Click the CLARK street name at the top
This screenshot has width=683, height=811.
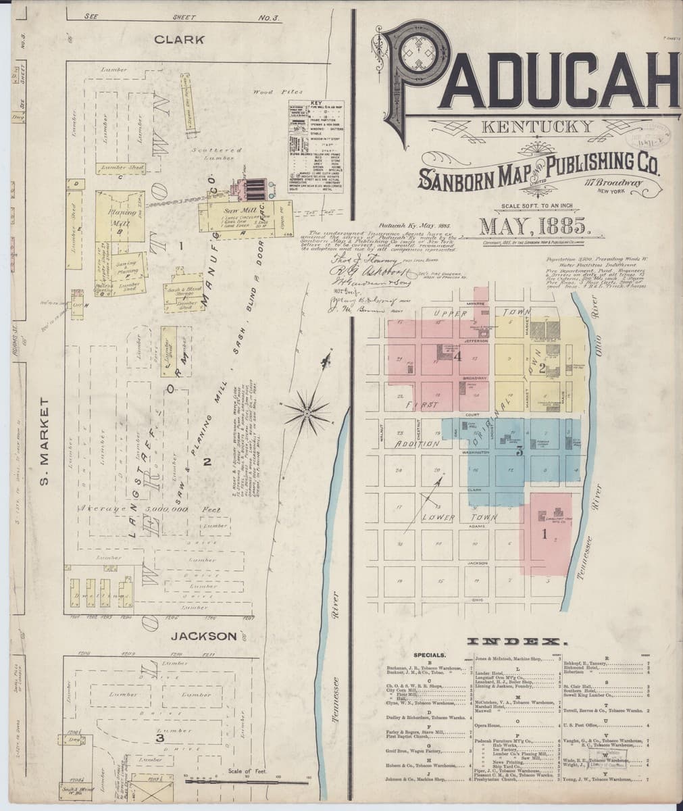179,40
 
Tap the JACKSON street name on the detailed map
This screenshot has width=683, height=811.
203,636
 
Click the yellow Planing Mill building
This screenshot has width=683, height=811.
120,214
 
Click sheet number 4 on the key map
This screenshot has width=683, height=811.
457,355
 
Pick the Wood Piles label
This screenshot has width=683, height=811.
272,91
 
